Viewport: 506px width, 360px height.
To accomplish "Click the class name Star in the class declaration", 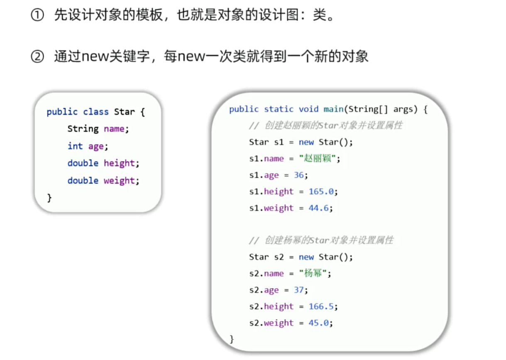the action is click(124, 112).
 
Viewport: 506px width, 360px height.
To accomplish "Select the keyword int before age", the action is click(75, 146).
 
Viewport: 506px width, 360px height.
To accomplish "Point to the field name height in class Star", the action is click(119, 163).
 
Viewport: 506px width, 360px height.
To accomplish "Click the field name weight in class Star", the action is click(119, 181).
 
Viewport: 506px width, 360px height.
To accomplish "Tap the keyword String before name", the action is click(83, 129).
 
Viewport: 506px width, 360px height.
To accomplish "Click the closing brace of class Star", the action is click(49, 198).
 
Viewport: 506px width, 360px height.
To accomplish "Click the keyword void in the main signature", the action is click(308, 109).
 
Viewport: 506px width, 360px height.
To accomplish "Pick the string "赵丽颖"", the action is click(317, 159).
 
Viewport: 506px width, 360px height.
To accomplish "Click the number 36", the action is click(299, 175).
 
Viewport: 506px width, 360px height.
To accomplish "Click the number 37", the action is click(299, 290).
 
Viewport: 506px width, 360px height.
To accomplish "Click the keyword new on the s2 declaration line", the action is click(306, 257).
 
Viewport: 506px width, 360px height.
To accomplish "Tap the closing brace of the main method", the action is click(232, 339).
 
